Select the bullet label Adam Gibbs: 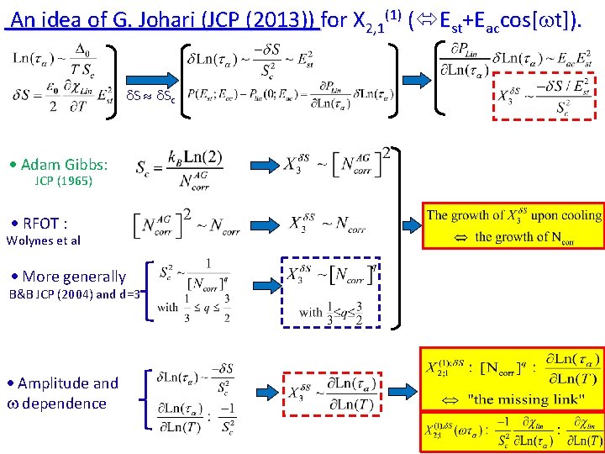65,164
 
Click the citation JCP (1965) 63,181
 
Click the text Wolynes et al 44,240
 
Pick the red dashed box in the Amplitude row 332,392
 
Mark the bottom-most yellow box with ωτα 513,434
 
